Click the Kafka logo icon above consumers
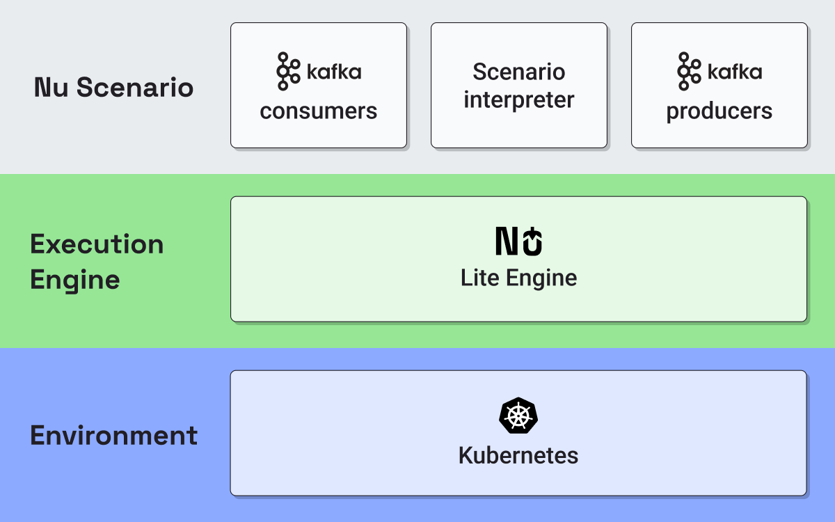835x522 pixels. [288, 71]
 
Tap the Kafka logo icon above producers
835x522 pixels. [689, 71]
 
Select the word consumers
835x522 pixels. [319, 111]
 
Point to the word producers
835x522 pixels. [719, 111]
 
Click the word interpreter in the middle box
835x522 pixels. [519, 100]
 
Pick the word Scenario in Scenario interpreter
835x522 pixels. [519, 72]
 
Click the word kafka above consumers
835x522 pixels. [334, 71]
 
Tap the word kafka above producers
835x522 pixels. [735, 71]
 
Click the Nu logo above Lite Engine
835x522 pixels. [518, 241]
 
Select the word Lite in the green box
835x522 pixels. [479, 278]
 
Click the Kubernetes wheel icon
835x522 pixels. [518, 416]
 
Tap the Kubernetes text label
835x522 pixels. [518, 455]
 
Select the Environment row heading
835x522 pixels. [113, 435]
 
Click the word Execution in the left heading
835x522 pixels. [97, 244]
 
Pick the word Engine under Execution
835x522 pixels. [75, 280]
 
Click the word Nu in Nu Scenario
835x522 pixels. [51, 87]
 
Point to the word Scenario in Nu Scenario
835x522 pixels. [135, 87]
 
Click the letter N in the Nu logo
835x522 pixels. [507, 242]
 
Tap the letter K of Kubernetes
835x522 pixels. [467, 455]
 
